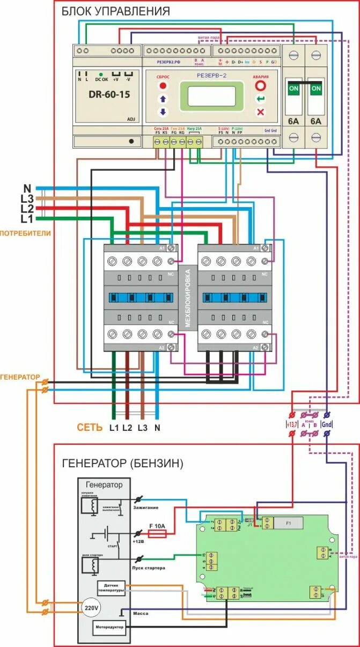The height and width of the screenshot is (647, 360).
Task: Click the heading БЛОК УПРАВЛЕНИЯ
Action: [x=115, y=11]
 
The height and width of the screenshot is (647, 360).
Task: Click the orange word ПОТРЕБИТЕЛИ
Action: [x=25, y=233]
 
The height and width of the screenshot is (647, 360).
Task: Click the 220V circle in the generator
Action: [x=92, y=607]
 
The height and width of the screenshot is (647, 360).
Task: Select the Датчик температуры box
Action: [x=111, y=588]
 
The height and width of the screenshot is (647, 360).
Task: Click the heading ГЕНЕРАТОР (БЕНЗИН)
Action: [x=123, y=462]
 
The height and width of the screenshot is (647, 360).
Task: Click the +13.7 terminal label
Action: [x=292, y=424]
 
